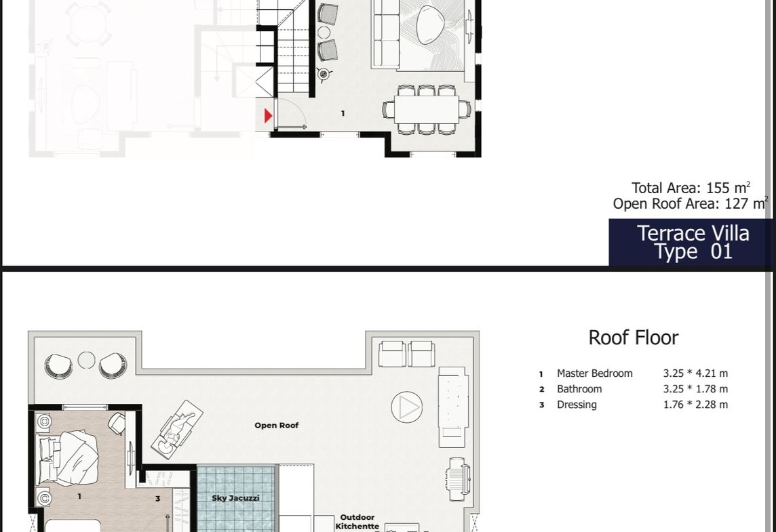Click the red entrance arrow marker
268,116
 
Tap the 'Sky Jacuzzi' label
235,498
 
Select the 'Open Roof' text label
276,425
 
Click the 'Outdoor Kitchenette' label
357,522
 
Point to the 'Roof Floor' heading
634,337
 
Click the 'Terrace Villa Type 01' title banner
692,242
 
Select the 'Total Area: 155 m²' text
691,188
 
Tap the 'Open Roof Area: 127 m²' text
691,204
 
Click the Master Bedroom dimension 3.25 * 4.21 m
695,373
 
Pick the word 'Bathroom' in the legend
579,389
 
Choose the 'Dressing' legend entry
577,405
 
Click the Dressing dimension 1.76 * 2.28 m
695,405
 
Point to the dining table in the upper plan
427,109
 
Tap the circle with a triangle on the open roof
407,407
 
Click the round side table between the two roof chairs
87,360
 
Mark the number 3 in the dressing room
158,499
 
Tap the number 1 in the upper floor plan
343,114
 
